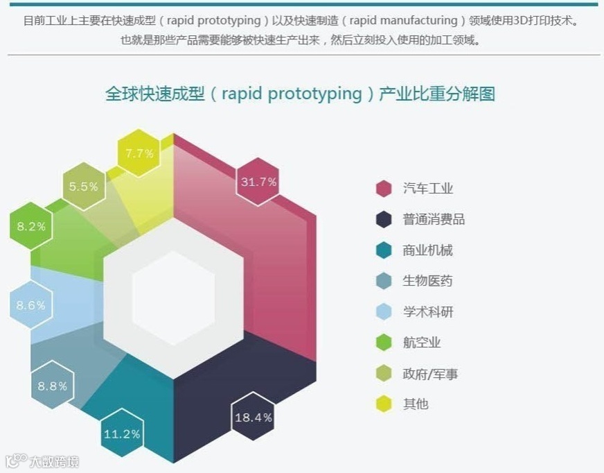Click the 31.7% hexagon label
pos(258,182)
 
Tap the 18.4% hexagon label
pos(253,418)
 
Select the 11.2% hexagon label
pos(122,435)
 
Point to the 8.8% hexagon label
pos(52,386)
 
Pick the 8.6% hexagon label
pos(31,305)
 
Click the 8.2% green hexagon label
pos(31,226)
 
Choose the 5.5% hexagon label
pos(84,187)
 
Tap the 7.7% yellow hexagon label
pos(139,153)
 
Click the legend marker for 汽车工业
pos(384,189)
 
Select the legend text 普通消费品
pos(434,220)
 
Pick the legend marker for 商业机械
pos(384,250)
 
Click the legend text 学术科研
pos(427,312)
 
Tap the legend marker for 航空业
pos(384,343)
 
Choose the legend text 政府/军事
pos(430,374)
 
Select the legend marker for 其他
pos(384,404)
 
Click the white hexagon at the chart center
pos(173,298)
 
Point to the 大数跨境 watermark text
pos(53,461)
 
